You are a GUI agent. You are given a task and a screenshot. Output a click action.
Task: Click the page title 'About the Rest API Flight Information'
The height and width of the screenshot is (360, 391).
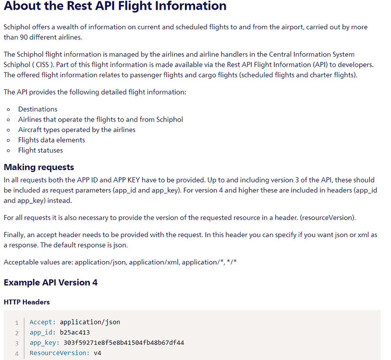click(115, 5)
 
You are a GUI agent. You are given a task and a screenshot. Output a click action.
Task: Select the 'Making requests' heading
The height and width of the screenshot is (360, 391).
click(39, 167)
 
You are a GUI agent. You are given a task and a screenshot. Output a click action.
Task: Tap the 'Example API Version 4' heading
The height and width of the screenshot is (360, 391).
click(50, 283)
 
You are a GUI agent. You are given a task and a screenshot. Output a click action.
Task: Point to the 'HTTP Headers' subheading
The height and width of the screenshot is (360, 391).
click(27, 302)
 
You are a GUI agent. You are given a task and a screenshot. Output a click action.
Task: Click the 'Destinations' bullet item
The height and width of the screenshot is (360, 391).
click(37, 109)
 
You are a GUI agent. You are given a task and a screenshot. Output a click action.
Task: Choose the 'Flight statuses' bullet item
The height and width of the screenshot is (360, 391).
click(40, 150)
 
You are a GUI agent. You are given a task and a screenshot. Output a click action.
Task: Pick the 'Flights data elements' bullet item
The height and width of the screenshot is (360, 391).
click(51, 140)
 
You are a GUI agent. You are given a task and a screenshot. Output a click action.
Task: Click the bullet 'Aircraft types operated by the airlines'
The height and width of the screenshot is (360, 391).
click(77, 130)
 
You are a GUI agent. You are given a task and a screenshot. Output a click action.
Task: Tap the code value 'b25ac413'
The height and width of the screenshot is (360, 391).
click(75, 332)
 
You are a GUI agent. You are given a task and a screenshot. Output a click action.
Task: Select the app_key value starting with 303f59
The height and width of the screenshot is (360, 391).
click(123, 343)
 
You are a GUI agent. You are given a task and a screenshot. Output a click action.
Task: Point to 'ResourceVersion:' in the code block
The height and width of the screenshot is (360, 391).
click(60, 353)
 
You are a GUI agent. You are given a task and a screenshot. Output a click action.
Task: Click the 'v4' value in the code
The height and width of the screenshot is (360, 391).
click(98, 353)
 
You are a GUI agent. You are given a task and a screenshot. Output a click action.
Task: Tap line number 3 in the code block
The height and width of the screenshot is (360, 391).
click(17, 343)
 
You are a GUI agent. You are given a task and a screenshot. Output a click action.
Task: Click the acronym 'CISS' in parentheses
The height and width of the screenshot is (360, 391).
click(42, 64)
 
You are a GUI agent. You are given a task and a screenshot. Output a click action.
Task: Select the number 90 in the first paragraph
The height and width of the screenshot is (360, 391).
click(24, 37)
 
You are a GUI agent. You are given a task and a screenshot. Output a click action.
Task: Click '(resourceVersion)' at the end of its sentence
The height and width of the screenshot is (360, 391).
click(328, 218)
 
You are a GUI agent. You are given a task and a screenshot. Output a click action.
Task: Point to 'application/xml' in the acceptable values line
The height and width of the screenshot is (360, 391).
click(154, 263)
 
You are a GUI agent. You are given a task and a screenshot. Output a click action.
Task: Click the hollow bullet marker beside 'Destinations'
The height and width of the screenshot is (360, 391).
click(9, 109)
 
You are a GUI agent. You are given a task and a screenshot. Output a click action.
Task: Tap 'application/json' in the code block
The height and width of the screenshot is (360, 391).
click(90, 322)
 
